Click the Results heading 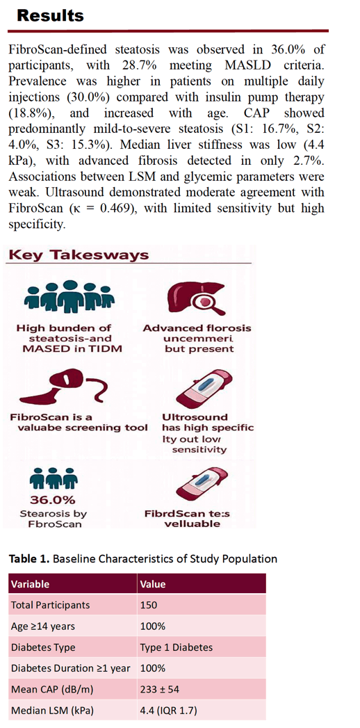51,15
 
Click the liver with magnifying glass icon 195,298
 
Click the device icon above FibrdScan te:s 206,487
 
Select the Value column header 153,584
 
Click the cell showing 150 149,606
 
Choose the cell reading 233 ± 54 158,690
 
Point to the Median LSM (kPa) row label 50,711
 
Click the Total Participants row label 51,606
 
